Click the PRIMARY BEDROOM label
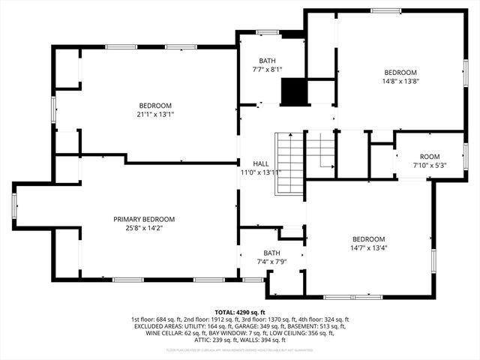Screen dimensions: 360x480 click(x=144, y=219)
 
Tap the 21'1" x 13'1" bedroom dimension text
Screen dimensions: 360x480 click(x=155, y=115)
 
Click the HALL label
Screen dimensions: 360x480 click(x=260, y=163)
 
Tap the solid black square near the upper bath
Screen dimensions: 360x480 click(x=294, y=91)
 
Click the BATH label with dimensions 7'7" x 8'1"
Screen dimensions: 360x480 click(x=268, y=61)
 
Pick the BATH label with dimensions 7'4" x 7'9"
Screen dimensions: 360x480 click(x=271, y=253)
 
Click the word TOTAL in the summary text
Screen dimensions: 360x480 click(x=225, y=311)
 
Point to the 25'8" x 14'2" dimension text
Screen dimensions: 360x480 click(x=144, y=229)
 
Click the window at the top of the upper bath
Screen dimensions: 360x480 click(x=267, y=32)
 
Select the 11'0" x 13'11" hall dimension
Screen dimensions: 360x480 click(x=260, y=172)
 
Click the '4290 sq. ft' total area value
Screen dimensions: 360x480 click(x=252, y=311)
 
